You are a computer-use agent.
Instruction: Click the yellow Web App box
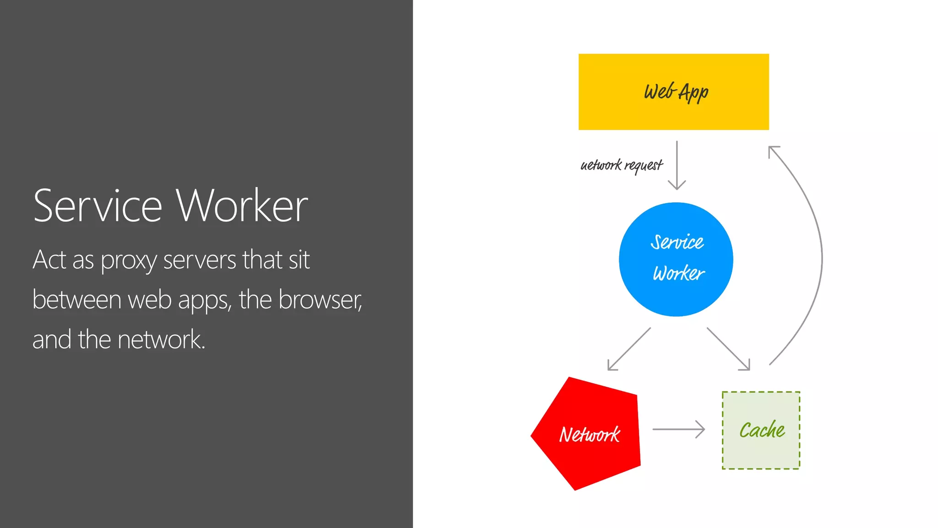pos(673,92)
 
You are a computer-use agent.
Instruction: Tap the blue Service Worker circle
pos(676,259)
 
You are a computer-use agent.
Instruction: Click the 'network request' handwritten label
pos(621,165)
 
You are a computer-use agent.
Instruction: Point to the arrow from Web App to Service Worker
pos(676,165)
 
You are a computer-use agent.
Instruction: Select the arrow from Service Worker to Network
pos(629,349)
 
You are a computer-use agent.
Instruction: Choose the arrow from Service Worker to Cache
pos(728,349)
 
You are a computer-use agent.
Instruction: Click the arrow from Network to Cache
pos(678,429)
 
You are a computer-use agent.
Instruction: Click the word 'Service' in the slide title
pos(98,206)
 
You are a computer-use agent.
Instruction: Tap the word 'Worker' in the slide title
pos(242,206)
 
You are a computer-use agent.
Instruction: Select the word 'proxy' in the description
pos(129,260)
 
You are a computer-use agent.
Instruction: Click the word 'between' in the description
pos(76,300)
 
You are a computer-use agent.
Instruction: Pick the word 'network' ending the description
pos(160,340)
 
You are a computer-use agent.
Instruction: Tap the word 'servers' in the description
pos(200,260)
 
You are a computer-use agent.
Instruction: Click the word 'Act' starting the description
pos(49,259)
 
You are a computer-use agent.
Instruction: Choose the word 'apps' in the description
pos(205,301)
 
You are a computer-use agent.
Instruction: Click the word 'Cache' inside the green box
pos(762,430)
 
